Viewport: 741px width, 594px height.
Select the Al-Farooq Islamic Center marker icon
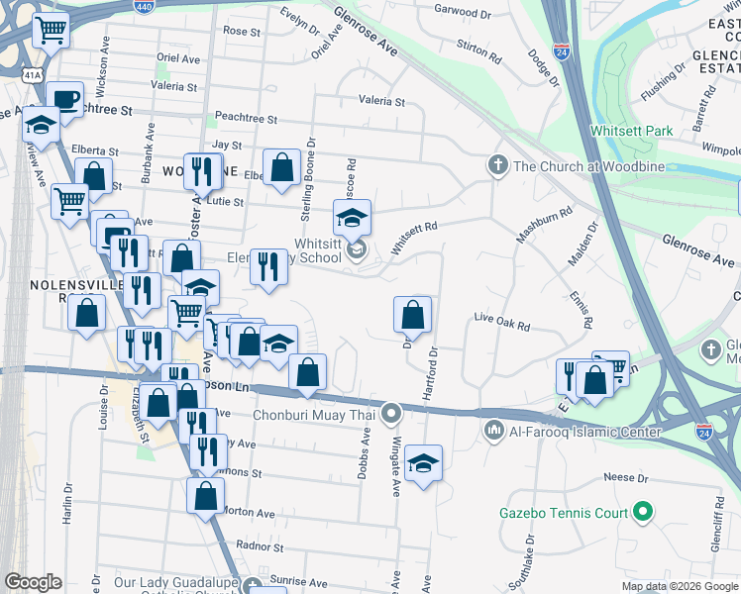pyautogui.click(x=494, y=431)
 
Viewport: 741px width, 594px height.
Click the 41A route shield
pyautogui.click(x=34, y=74)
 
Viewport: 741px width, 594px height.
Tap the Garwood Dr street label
pyautogui.click(x=465, y=14)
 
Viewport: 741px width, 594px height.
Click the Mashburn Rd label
pyautogui.click(x=544, y=225)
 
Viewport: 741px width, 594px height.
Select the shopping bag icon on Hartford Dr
pyautogui.click(x=412, y=315)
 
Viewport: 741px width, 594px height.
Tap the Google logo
pyautogui.click(x=33, y=582)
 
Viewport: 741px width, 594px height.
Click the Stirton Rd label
pyautogui.click(x=480, y=47)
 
